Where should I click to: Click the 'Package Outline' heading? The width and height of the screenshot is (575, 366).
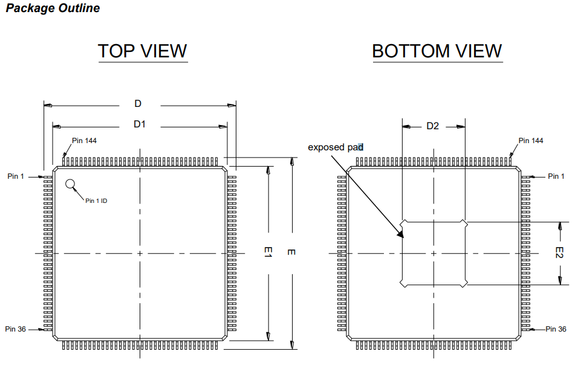[53, 8]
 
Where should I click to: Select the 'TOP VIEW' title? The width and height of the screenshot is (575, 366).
[143, 51]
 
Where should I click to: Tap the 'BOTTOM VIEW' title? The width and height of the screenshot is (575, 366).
[437, 51]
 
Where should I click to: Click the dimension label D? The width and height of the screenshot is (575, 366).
[138, 104]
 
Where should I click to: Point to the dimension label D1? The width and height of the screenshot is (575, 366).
[140, 124]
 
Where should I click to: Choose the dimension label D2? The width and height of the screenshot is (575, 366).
[433, 126]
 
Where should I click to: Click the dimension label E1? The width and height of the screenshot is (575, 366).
[268, 253]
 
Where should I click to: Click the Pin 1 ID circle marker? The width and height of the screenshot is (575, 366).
[71, 184]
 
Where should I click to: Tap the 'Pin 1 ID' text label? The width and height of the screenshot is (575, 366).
[96, 201]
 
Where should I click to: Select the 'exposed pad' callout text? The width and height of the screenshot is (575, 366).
[336, 147]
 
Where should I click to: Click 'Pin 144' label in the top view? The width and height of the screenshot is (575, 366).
[84, 141]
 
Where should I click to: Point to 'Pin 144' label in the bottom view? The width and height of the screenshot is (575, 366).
[531, 141]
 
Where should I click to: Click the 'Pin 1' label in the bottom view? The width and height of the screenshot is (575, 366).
[556, 176]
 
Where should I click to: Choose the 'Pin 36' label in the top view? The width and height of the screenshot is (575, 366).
[15, 329]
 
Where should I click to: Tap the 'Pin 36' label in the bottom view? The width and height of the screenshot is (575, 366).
[556, 329]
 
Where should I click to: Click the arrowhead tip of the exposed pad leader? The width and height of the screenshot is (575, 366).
[403, 237]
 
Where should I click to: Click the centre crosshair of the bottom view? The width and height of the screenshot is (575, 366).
[434, 253]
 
